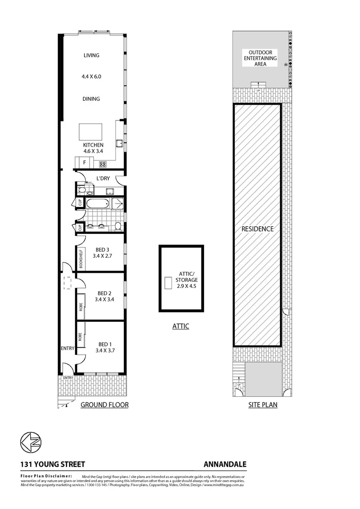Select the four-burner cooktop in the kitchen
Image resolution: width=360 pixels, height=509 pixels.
click(x=103, y=164)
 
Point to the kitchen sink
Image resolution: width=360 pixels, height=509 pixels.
click(x=121, y=144)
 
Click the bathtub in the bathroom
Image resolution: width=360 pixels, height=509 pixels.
click(x=97, y=205)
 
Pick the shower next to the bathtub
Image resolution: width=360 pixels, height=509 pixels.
click(x=117, y=204)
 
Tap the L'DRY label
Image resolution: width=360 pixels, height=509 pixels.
click(x=103, y=179)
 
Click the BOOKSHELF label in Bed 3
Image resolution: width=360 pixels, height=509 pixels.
click(x=81, y=258)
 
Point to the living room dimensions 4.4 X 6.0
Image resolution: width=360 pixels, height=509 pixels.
click(x=92, y=76)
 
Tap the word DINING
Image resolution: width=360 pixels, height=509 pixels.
click(x=91, y=99)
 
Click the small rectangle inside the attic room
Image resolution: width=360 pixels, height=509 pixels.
click(x=168, y=283)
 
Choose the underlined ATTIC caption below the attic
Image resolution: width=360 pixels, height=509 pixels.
click(x=180, y=326)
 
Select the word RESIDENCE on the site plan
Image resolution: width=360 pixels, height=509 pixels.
click(x=257, y=229)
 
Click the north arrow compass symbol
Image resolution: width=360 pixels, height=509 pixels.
click(x=30, y=442)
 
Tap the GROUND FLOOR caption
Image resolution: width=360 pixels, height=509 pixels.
click(x=105, y=405)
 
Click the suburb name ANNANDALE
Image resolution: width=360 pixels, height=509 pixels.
click(x=225, y=465)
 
